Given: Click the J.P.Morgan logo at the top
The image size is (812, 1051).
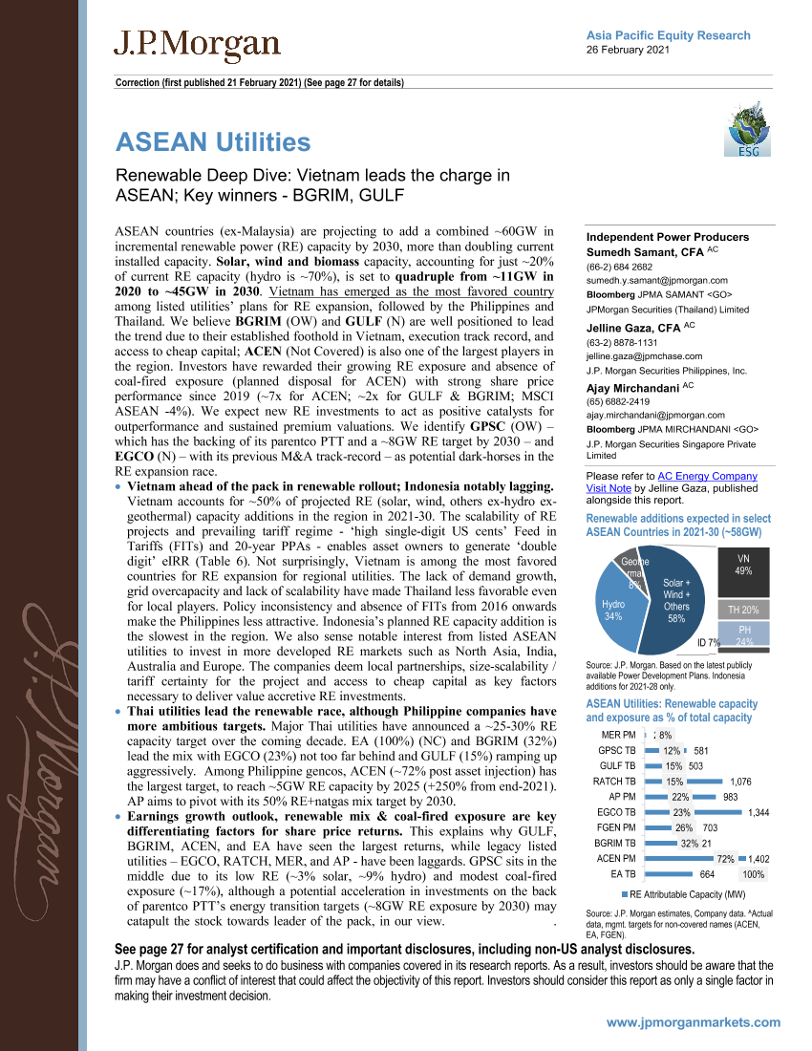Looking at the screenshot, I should click(197, 45).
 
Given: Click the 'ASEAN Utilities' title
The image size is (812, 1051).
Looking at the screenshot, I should click(213, 142).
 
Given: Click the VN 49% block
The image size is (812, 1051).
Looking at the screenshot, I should click(743, 564).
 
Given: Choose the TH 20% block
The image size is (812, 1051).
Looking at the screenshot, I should click(743, 610).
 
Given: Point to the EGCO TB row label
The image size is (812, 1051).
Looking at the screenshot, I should click(616, 812).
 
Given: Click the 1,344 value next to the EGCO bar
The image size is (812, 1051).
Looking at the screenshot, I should click(759, 812).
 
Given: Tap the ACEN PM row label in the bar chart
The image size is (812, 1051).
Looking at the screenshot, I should click(615, 858).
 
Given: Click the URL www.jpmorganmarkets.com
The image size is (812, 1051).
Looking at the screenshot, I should click(693, 1022).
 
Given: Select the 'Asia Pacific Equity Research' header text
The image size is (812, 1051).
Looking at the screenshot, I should click(668, 35).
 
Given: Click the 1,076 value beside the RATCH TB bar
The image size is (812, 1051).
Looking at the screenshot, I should click(733, 781).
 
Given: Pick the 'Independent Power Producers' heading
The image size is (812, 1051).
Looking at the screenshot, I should click(667, 237).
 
